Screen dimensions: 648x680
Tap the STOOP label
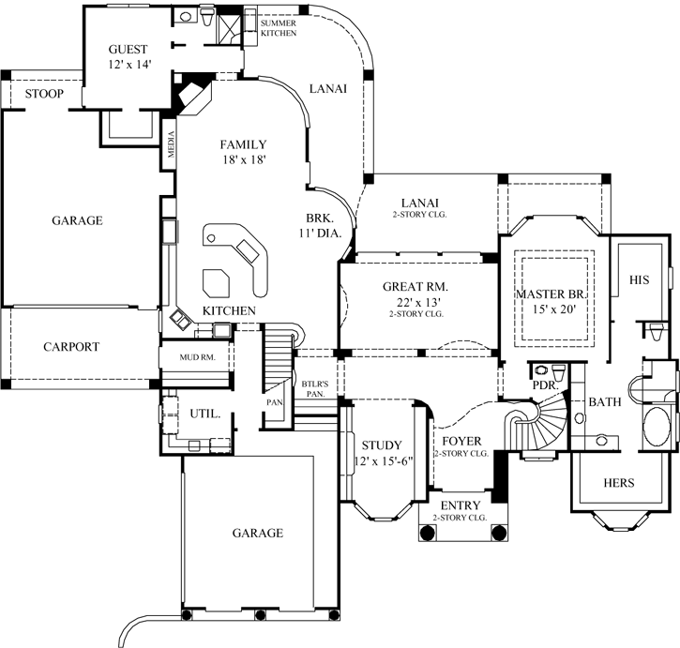(44, 94)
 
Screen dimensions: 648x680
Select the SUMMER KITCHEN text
(279, 27)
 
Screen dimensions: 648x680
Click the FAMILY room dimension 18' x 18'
(243, 159)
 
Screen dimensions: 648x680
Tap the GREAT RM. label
(415, 286)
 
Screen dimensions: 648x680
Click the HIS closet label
(639, 279)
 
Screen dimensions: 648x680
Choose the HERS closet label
(618, 483)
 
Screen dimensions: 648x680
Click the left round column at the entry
(428, 532)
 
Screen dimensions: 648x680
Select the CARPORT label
(71, 346)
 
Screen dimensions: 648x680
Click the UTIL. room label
(205, 413)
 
